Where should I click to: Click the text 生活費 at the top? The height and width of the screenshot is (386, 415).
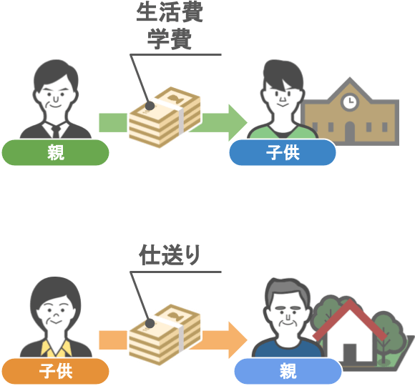(170, 13)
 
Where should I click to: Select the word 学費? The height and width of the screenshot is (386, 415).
(170, 39)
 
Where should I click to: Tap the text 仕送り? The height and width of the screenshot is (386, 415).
(170, 255)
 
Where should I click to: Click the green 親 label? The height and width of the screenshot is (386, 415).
(55, 152)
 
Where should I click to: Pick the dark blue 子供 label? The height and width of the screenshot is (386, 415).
(283, 152)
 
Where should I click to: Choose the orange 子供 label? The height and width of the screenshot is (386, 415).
(55, 371)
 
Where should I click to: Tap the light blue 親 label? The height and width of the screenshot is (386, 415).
(288, 371)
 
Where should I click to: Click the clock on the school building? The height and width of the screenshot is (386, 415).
(350, 102)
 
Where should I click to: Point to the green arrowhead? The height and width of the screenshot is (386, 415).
(238, 122)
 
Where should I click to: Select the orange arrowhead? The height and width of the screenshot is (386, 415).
(238, 340)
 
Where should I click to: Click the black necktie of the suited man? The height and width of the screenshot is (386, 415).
(56, 132)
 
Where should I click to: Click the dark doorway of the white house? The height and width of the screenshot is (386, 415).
(350, 353)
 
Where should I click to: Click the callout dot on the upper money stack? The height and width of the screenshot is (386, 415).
(150, 106)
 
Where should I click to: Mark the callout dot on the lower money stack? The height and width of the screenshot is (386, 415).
(150, 323)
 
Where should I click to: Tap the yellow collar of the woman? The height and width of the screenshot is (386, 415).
(56, 348)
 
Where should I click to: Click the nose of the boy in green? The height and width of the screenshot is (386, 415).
(283, 99)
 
